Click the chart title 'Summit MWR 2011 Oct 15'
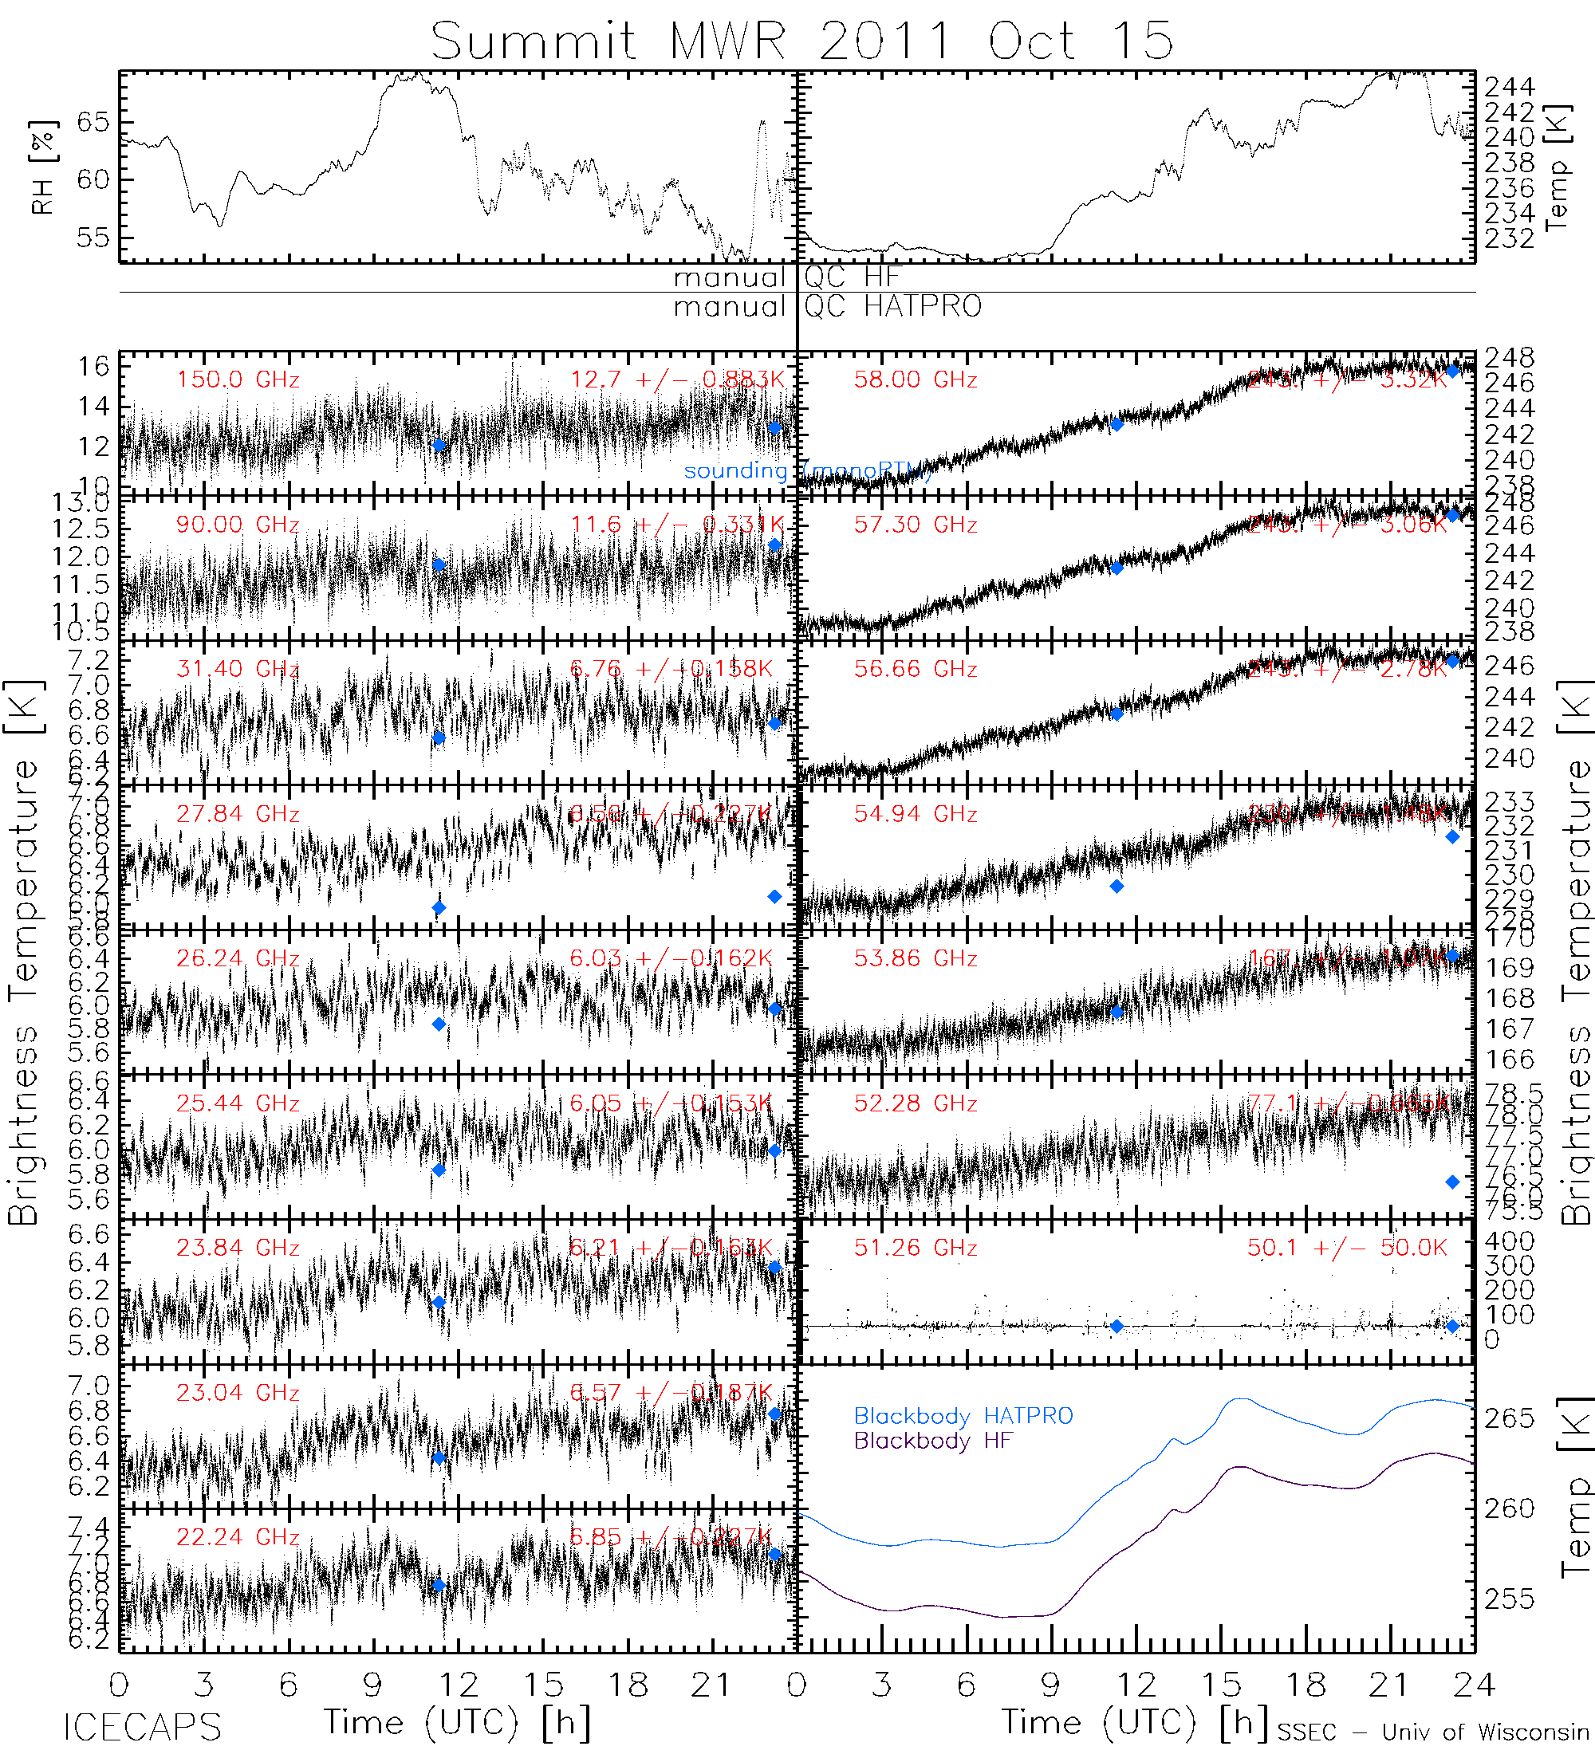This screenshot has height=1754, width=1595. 801,40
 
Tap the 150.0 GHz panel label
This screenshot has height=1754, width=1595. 238,380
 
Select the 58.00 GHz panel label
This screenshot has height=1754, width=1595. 916,380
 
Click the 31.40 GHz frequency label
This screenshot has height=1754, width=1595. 238,669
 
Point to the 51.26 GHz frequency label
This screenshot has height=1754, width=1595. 916,1248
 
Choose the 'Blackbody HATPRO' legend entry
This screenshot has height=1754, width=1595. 963,1417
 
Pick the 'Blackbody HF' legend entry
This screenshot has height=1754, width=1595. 934,1441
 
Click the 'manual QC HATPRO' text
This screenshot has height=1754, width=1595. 828,306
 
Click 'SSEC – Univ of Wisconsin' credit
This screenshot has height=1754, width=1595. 1433,1732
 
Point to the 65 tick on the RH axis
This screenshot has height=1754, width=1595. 93,123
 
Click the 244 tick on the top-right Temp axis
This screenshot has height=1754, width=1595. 1510,87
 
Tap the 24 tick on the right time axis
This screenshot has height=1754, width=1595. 1473,1685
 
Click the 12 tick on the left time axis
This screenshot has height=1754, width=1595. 459,1685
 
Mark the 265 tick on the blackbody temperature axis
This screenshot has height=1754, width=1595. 1510,1418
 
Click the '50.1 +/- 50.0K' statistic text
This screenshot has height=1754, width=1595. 1346,1248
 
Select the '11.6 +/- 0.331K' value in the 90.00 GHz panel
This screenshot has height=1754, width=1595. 677,525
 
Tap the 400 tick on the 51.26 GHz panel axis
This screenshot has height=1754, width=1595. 1510,1241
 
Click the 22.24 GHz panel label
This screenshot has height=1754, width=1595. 238,1537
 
